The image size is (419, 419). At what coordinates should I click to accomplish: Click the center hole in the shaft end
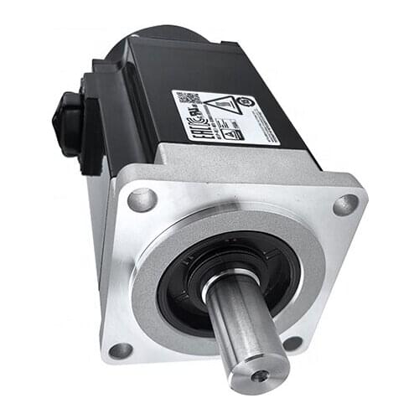(261, 375)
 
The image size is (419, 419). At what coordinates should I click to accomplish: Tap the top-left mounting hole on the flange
(141, 199)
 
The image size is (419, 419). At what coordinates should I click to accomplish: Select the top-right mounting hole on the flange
(345, 204)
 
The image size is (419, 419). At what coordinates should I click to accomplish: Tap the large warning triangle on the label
(220, 107)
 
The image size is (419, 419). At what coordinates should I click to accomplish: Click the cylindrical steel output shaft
(243, 327)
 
